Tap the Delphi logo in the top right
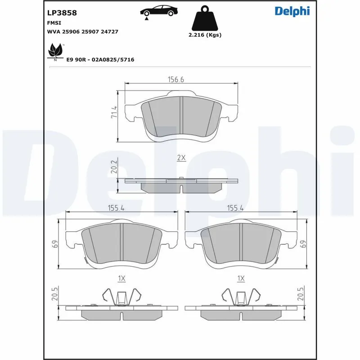pyautogui.click(x=292, y=11)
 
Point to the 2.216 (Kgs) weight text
pyautogui.click(x=205, y=35)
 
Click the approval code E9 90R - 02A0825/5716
pyautogui.click(x=100, y=59)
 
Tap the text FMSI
pyautogui.click(x=54, y=22)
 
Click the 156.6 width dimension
pyautogui.click(x=176, y=79)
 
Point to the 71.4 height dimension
pyautogui.click(x=114, y=112)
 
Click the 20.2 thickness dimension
pyautogui.click(x=114, y=168)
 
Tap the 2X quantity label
pyautogui.click(x=181, y=158)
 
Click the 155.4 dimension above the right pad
pyautogui.click(x=235, y=209)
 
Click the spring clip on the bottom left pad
pyautogui.click(x=122, y=297)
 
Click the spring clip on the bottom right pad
pyautogui.click(x=241, y=297)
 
